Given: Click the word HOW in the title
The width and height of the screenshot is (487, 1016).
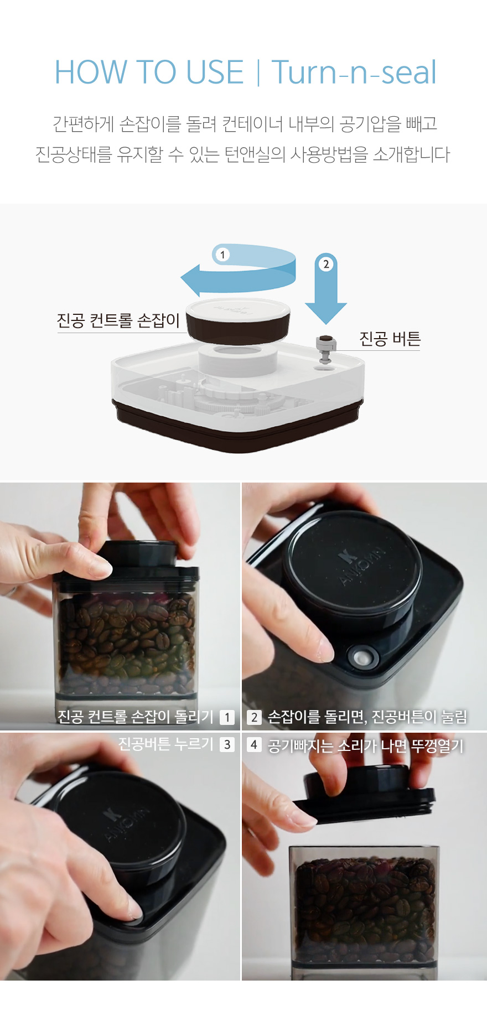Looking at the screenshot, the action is point(91,72).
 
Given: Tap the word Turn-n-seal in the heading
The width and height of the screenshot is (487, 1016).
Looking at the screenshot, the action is point(354,72).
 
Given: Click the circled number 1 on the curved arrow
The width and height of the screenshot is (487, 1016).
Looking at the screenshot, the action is point(222,255).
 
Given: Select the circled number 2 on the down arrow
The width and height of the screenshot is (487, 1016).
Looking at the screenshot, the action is point(326,264).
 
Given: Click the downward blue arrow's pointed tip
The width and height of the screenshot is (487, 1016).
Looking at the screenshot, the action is point(326,323).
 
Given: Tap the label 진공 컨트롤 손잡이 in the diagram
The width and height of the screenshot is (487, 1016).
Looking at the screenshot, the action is point(118,320).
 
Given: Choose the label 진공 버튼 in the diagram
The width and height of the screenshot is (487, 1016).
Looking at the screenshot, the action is point(390,339).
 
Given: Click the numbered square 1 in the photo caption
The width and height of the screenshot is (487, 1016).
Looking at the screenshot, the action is point(227,717).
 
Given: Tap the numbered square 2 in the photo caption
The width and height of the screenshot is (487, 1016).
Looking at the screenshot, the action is point(254,717).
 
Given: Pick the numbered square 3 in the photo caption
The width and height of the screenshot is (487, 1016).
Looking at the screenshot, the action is point(227,744).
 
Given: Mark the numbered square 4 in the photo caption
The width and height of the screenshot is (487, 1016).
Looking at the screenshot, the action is point(254,744).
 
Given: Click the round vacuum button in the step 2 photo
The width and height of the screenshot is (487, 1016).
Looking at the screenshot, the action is point(363,657).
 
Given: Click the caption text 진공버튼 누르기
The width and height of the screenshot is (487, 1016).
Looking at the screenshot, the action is point(165,744).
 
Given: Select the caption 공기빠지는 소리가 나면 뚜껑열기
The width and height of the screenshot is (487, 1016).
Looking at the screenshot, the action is point(365,745).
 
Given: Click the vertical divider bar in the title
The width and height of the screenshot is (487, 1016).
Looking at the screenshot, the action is point(258,72).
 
